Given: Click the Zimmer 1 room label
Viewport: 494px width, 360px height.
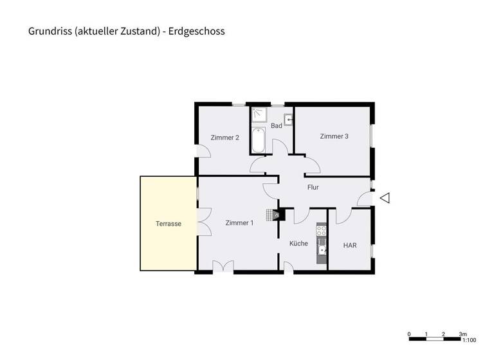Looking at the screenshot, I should tap(239, 223).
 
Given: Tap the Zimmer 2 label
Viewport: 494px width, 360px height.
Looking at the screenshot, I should tap(225, 137).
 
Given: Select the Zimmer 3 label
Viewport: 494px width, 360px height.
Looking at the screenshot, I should tap(334, 136).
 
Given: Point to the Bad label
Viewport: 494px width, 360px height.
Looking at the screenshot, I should tap(277, 125).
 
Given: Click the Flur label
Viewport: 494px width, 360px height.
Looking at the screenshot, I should tap(313, 188).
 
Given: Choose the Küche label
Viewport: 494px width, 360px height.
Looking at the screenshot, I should tap(298, 244).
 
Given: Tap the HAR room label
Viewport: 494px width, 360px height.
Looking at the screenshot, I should tap(350, 246).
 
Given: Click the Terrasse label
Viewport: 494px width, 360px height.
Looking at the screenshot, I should tap(169, 224).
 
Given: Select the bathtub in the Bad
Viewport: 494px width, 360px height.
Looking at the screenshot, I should tap(258, 141).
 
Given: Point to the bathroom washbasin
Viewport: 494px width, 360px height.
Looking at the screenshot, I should tap(289, 118).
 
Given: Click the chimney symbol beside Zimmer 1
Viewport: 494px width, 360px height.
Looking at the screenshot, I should tap(277, 215).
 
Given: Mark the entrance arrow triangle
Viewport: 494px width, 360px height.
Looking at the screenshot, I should tap(385, 199).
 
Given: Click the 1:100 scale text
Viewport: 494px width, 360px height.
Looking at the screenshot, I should tap(469, 341).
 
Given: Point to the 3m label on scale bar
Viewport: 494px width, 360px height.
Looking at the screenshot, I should tap(463, 334).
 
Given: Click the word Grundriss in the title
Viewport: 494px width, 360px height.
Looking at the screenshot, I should tap(47, 30).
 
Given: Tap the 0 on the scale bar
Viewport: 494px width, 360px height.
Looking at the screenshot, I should tap(410, 334).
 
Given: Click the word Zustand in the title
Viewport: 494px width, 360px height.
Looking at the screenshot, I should tap(138, 30).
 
